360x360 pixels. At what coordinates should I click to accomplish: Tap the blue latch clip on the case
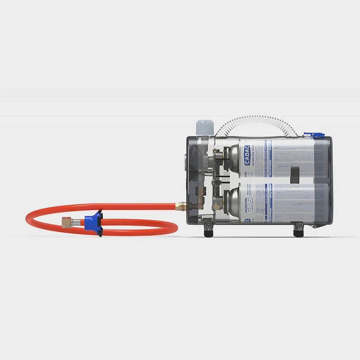click(313, 135)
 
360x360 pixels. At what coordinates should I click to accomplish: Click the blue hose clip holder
click(94, 222)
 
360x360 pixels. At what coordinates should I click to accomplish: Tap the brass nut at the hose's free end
click(67, 223)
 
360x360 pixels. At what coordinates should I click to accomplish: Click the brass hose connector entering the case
click(180, 206)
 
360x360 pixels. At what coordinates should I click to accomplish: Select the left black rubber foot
click(208, 231)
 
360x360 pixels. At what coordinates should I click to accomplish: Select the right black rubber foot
click(298, 231)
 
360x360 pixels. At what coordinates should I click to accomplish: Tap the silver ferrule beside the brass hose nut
click(76, 222)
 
